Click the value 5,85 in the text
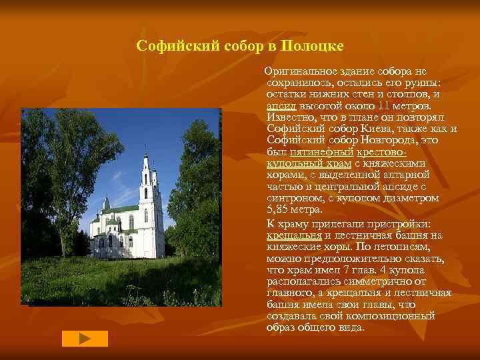pos(280,209)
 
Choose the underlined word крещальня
pos(294,235)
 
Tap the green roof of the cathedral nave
pos(119,209)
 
